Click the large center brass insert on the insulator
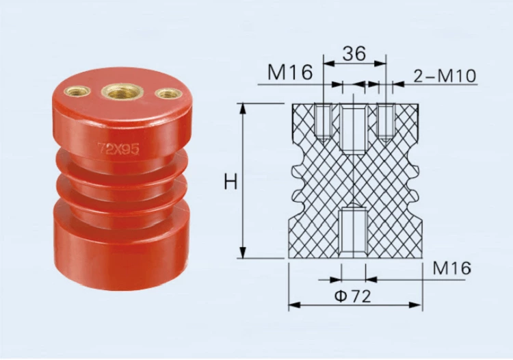(118, 91)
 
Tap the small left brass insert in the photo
(77, 91)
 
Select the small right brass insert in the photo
(168, 93)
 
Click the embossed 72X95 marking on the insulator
(118, 149)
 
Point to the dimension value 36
(354, 53)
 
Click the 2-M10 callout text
(445, 76)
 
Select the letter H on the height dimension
(231, 182)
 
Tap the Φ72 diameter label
(353, 296)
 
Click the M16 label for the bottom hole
(452, 268)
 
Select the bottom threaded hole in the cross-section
(354, 230)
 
